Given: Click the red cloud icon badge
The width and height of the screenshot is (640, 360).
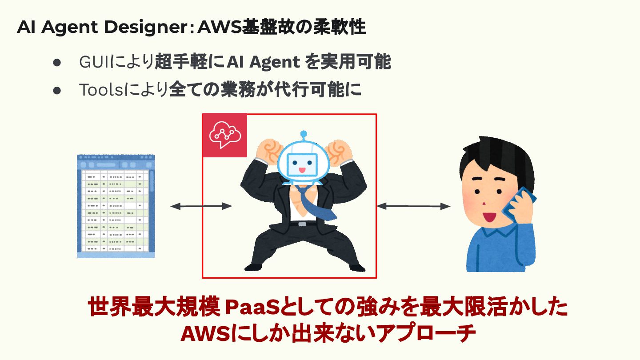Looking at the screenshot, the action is coord(224,135).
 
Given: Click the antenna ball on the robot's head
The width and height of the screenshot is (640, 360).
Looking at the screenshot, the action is coord(304,133).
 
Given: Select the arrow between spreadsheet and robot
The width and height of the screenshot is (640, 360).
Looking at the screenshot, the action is coord(201,206).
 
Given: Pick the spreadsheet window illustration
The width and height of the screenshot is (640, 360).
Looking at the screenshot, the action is coord(116,206).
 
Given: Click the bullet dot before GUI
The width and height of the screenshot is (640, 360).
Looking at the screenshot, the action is coord(56,63).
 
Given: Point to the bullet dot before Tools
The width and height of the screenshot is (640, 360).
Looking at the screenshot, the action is coord(56,90).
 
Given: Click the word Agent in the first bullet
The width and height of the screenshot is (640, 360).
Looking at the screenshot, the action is coord(274,63).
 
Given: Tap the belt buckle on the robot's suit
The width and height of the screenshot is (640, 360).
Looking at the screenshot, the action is coord(302,224).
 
